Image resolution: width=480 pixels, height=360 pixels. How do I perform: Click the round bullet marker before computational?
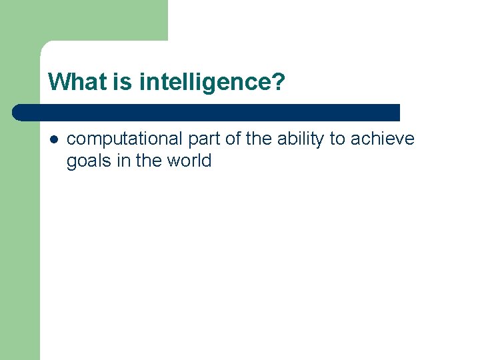click(53, 139)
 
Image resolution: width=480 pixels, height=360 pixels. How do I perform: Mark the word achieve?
click(384, 139)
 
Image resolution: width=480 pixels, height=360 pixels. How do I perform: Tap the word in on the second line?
click(123, 161)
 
